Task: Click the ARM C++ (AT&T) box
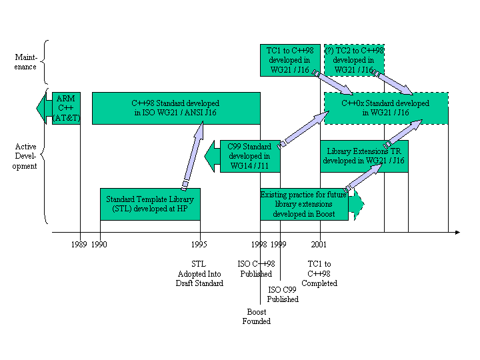click(x=66, y=108)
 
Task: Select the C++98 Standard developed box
click(x=175, y=108)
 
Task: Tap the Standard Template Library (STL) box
click(x=150, y=204)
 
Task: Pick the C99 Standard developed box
click(x=249, y=156)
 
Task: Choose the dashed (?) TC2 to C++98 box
click(x=354, y=60)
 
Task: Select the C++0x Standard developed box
click(x=385, y=108)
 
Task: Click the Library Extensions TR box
click(x=363, y=156)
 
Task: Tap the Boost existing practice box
click(x=304, y=204)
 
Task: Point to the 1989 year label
click(x=79, y=245)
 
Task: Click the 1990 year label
click(x=99, y=245)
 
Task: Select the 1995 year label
click(x=199, y=245)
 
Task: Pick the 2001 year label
click(x=319, y=245)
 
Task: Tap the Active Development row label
click(x=26, y=156)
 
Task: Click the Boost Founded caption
click(x=257, y=317)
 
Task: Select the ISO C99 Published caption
click(x=283, y=295)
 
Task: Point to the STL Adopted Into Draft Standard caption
click(x=199, y=273)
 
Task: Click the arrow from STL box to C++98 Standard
click(x=191, y=156)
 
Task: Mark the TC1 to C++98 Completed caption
click(x=319, y=273)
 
